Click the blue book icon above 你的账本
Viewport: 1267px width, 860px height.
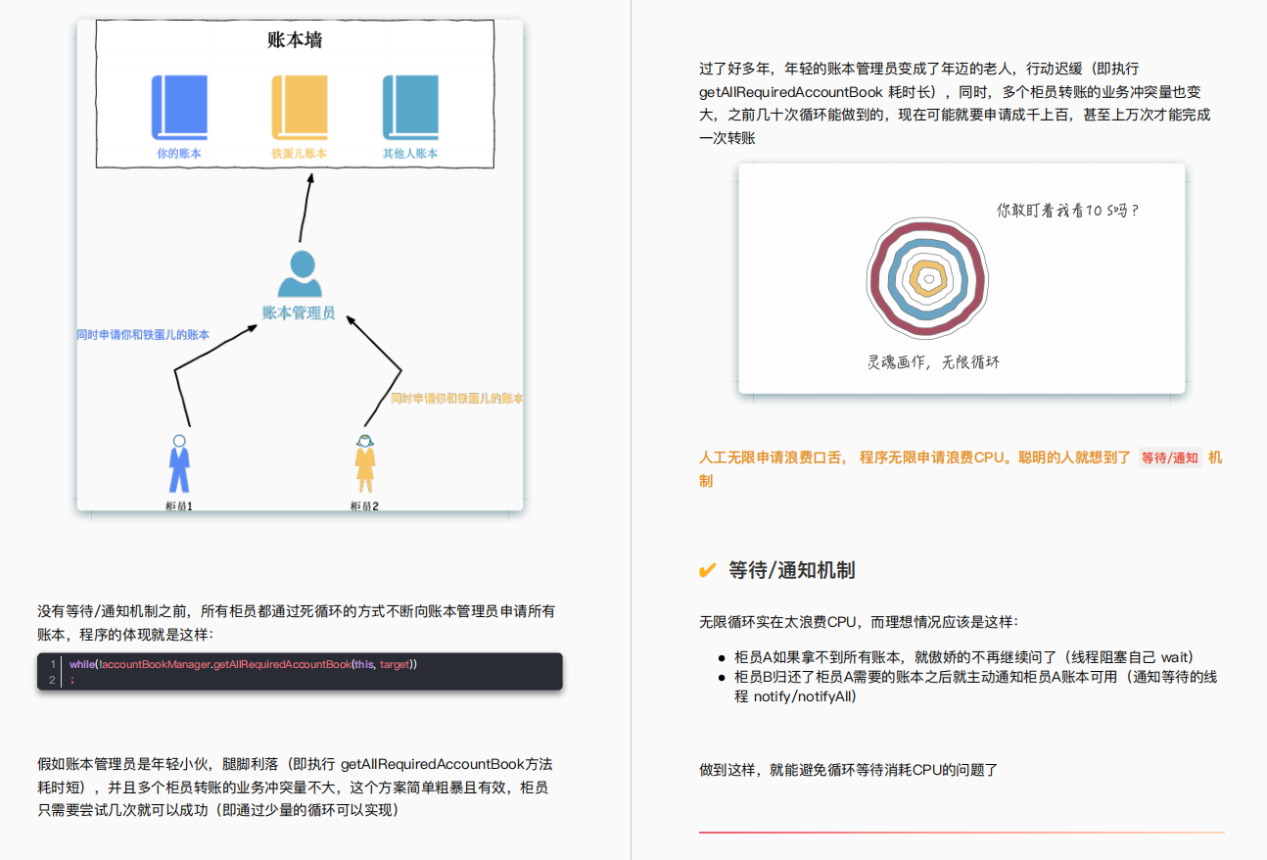tap(179, 107)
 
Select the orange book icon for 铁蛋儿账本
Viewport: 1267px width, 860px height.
tap(299, 107)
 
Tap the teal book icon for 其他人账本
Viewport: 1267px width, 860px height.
tap(409, 107)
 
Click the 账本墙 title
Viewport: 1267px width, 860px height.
tap(295, 40)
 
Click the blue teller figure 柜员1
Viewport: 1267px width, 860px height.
tap(178, 464)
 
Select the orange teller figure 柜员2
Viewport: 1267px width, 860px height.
tap(365, 464)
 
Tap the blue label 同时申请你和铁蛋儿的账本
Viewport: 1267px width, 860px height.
tap(143, 335)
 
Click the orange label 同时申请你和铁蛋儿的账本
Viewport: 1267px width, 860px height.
tap(456, 399)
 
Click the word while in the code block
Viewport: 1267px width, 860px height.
tap(82, 664)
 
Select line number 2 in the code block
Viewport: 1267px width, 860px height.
tap(53, 679)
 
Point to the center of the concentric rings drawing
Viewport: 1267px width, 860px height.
tap(927, 278)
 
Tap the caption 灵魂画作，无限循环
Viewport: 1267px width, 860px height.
tap(933, 362)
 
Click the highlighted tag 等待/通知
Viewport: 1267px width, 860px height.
tap(1170, 457)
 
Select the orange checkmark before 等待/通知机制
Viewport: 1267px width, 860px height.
tap(707, 571)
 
